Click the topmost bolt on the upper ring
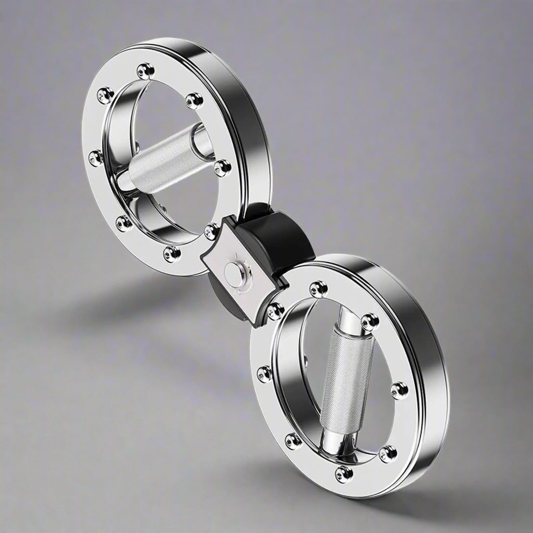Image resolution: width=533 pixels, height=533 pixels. pyautogui.click(x=145, y=70)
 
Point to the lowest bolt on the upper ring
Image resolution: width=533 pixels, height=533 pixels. pyautogui.click(x=171, y=253)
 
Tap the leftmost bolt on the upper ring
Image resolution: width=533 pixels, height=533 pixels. pyautogui.click(x=96, y=157)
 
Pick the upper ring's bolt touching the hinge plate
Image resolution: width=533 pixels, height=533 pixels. pyautogui.click(x=212, y=231)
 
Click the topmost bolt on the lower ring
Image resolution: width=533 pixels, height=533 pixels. pyautogui.click(x=318, y=288)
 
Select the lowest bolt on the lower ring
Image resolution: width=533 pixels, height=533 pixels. pyautogui.click(x=344, y=474)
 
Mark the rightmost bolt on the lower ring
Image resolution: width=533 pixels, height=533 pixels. pyautogui.click(x=399, y=390)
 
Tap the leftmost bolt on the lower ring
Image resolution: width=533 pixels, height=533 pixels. pyautogui.click(x=264, y=373)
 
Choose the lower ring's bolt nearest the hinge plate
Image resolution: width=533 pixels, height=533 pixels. pyautogui.click(x=275, y=311)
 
